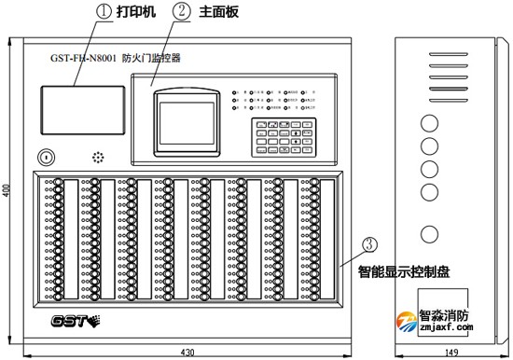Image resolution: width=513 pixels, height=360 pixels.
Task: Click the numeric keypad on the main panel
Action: [x=269, y=134]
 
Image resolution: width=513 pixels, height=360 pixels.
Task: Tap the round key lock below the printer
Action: [x=45, y=155]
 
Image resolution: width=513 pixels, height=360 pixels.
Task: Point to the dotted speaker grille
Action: [x=95, y=155]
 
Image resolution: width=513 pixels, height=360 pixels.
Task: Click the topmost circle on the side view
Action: [x=429, y=122]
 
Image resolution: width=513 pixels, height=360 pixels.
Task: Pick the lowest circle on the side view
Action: [x=429, y=233]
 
